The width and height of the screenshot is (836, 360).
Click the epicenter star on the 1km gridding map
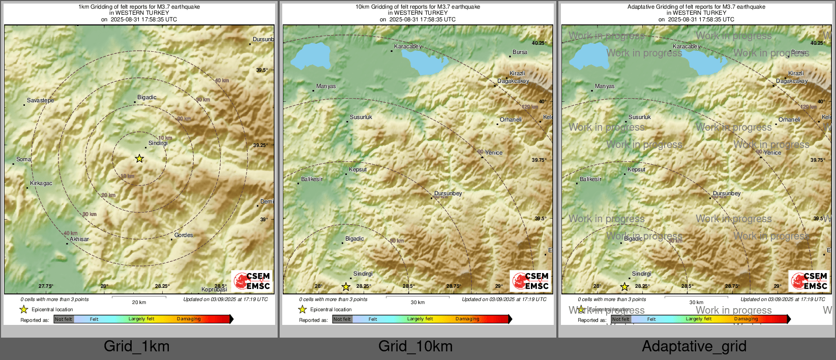click(139, 159)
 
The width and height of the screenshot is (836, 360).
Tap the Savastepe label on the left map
click(40, 100)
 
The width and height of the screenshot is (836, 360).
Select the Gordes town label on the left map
click(184, 235)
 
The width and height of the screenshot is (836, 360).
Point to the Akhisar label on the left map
click(79, 239)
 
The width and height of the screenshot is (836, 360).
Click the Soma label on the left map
click(23, 159)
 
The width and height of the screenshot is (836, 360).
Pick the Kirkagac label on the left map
click(41, 183)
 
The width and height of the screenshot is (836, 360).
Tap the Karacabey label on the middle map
click(408, 46)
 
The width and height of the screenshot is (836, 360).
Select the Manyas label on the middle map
click(326, 86)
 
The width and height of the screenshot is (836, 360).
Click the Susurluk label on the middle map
click(361, 117)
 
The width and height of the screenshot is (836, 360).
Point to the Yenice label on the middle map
click(493, 153)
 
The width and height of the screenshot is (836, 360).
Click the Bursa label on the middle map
click(520, 52)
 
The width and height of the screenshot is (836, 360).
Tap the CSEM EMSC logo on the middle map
click(531, 281)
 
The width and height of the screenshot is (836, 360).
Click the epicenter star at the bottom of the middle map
click(346, 287)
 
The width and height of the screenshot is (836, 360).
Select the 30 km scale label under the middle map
click(417, 303)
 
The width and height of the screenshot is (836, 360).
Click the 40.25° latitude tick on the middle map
click(539, 43)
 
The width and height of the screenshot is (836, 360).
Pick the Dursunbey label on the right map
click(727, 193)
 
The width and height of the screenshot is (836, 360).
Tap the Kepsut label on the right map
click(636, 169)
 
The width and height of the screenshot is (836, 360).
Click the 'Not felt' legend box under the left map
click(64, 319)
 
